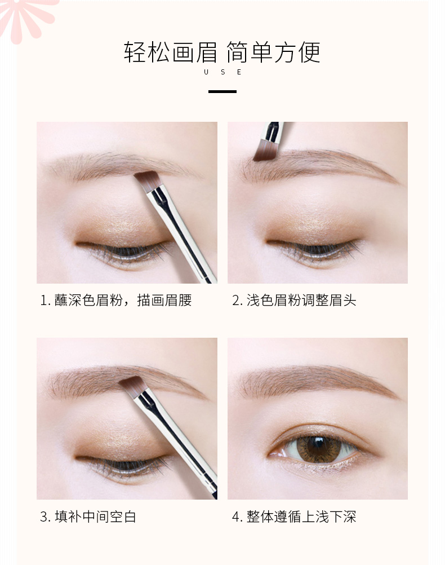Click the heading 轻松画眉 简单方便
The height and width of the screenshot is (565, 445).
click(222, 52)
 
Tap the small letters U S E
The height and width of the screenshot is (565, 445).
click(222, 72)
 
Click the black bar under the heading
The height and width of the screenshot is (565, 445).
click(222, 91)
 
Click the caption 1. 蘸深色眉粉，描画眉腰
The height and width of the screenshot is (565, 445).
click(116, 300)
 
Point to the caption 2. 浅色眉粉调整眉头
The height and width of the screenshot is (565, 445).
click(294, 300)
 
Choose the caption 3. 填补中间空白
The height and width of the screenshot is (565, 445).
click(88, 517)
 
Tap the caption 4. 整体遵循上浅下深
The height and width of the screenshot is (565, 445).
click(294, 517)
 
